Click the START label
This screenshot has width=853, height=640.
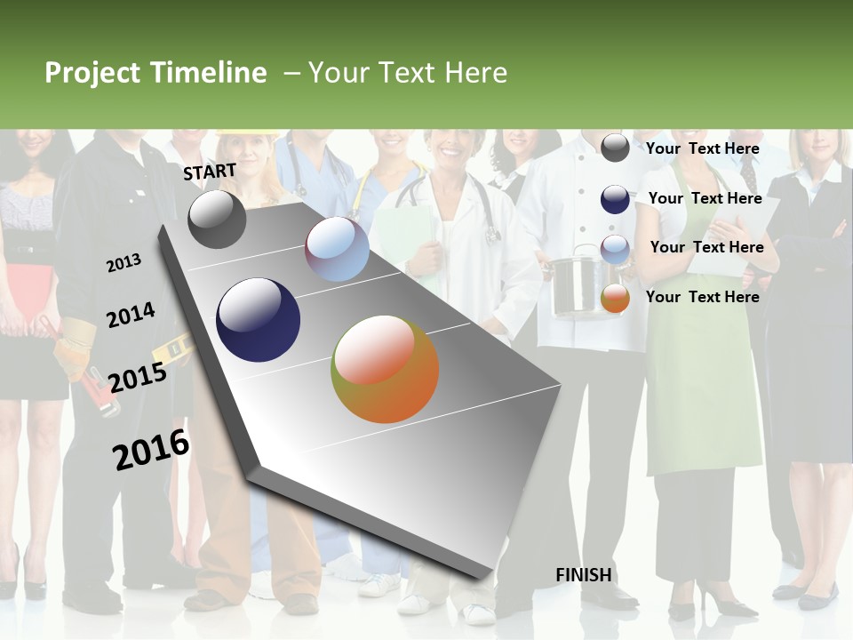point(210,172)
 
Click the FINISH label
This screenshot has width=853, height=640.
point(583,575)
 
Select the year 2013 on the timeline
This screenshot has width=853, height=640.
point(124,262)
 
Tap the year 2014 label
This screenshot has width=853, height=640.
point(131,315)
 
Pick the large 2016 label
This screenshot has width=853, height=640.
point(151,449)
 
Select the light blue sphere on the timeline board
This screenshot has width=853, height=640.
point(337,249)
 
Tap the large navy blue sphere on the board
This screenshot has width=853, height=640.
point(258,320)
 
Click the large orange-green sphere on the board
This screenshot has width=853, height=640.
point(385,369)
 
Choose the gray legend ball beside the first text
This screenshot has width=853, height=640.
point(615,148)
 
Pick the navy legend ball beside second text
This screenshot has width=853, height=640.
point(615,199)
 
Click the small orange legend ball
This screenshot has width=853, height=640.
point(615,299)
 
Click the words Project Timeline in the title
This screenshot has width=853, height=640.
point(155,73)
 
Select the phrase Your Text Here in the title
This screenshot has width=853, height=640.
point(408,73)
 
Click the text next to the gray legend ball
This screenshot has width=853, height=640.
point(702,148)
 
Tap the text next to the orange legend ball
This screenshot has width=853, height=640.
point(702,297)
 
